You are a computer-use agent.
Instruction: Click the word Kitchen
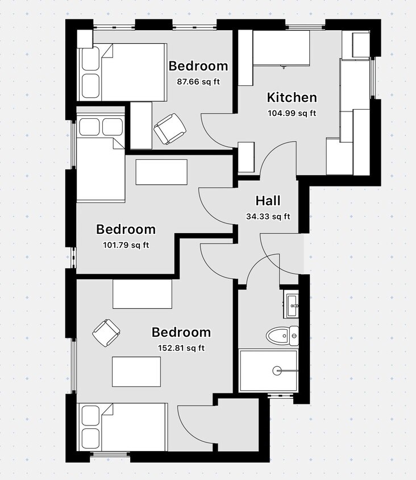pos(292,97)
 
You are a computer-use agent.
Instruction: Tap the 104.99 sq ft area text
pos(292,113)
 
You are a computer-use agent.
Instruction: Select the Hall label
pos(268,201)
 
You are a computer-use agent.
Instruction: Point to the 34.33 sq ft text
pos(268,216)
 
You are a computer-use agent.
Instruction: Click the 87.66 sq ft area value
pos(198,81)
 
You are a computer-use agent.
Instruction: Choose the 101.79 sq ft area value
pos(126,245)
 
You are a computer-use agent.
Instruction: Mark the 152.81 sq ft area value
pos(181,348)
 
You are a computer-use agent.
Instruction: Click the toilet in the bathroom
pos(281,336)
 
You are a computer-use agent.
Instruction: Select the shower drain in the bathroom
pos(277,371)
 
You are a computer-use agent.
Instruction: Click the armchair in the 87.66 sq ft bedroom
pos(169,129)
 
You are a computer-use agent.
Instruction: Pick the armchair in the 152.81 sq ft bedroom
pos(106,333)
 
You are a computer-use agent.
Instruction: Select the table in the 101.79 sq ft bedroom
pos(161,172)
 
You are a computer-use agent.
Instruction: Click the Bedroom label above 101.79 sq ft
pos(126,230)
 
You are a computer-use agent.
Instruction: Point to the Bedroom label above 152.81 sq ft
pos(181,332)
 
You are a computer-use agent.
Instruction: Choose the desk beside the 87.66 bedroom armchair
pos(141,125)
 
